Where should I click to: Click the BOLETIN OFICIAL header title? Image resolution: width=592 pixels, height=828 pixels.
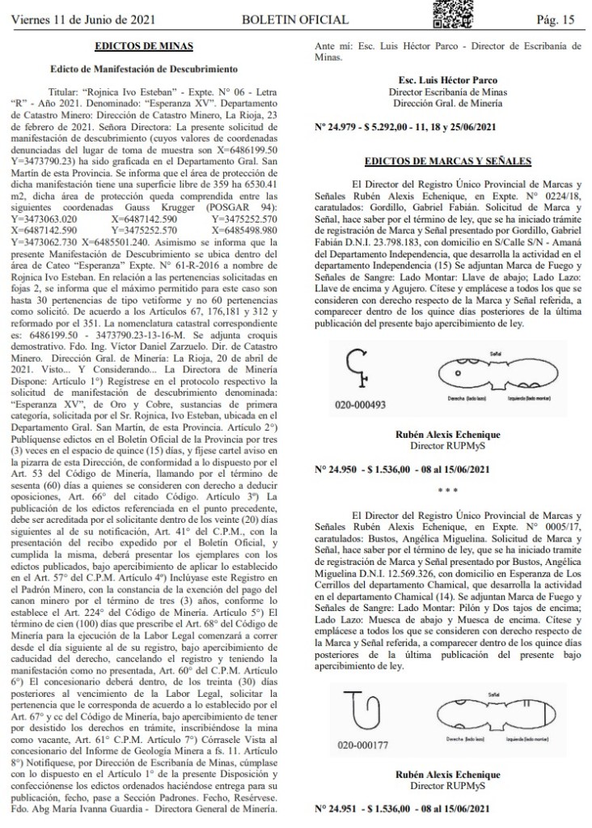point(299,19)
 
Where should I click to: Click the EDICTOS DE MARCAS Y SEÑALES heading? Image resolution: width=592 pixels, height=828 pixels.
point(447,160)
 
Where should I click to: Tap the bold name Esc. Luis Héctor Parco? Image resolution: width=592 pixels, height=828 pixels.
point(447,81)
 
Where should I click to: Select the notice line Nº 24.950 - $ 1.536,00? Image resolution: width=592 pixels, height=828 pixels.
point(401,469)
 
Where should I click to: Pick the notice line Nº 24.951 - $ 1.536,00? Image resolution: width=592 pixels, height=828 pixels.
point(401,808)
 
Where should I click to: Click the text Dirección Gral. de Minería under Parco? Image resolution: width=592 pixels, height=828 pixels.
point(447,104)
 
